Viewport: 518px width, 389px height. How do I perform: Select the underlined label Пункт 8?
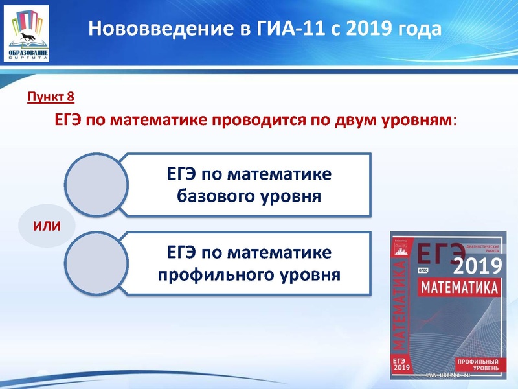(51, 98)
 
